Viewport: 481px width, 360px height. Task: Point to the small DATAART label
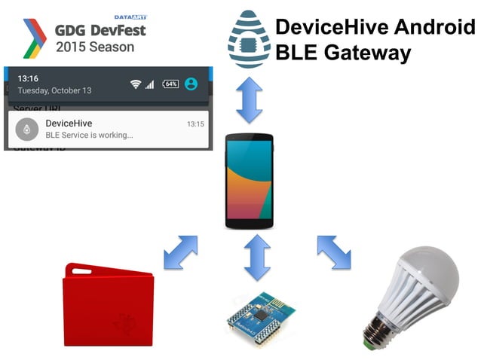coord(130,17)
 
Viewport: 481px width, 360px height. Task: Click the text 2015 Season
coord(94,47)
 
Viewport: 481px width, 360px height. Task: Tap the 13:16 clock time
coord(28,78)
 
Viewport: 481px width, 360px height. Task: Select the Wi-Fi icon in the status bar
coord(136,84)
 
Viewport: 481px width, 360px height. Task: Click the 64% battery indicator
coord(170,84)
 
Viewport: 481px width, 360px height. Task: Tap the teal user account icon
coord(191,84)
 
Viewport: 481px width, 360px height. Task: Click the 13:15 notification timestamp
coord(195,124)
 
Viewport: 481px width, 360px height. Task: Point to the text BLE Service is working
coord(89,135)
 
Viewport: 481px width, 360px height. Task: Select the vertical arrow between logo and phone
coord(250,99)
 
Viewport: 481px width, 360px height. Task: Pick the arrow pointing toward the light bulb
coord(334,252)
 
